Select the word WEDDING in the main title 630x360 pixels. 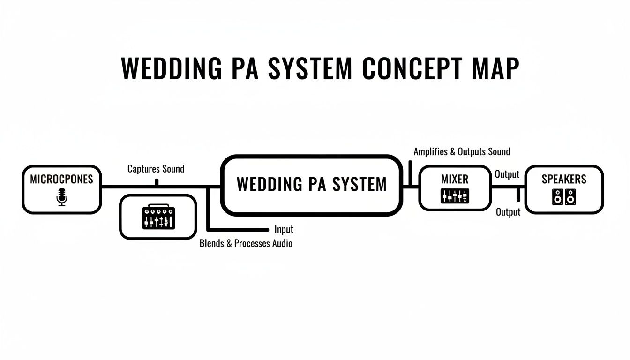[x=172, y=69]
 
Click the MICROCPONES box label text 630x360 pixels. [x=61, y=179]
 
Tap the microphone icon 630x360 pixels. [x=61, y=196]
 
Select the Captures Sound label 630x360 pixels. [x=156, y=169]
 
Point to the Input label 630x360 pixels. [x=284, y=229]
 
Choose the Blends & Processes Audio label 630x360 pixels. [x=246, y=243]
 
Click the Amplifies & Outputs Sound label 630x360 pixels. [x=462, y=152]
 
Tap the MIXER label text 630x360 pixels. [x=455, y=179]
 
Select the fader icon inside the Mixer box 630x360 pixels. [x=455, y=196]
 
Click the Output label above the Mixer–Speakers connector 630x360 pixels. [x=507, y=174]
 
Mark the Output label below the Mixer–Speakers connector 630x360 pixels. [x=508, y=212]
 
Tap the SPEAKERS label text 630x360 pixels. [x=564, y=179]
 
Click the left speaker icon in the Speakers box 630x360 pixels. [x=557, y=197]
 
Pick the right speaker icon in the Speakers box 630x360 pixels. [x=570, y=197]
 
